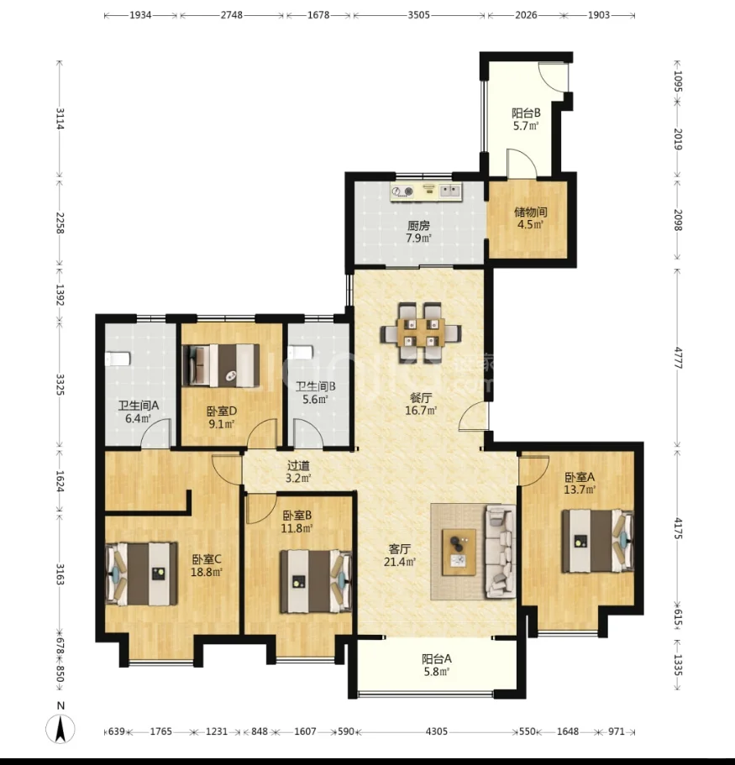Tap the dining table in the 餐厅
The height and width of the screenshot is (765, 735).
(x=421, y=333)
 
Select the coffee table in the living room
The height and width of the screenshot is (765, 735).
(x=459, y=552)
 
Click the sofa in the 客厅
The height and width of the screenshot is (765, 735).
(x=501, y=552)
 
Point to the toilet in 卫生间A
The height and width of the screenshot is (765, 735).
(x=118, y=359)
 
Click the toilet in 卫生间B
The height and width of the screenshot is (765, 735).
(x=300, y=352)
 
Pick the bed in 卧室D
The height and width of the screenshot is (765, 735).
(x=221, y=366)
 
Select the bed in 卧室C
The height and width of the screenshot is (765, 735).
(x=141, y=574)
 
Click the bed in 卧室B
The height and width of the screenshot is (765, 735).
(x=316, y=582)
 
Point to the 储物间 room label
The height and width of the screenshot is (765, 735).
(x=531, y=218)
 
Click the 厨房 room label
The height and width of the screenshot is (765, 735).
(x=419, y=232)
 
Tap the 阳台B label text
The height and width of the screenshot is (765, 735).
(x=526, y=113)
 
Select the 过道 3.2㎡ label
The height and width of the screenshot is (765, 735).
(x=298, y=472)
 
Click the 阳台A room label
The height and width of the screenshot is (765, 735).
(x=436, y=665)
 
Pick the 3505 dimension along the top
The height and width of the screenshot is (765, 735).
(x=419, y=15)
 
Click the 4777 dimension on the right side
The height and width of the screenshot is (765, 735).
(x=678, y=358)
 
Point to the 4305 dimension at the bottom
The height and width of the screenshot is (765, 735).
(x=436, y=731)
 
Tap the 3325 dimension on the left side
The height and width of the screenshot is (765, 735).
(x=60, y=385)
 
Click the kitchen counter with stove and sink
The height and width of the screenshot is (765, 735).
(x=426, y=191)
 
